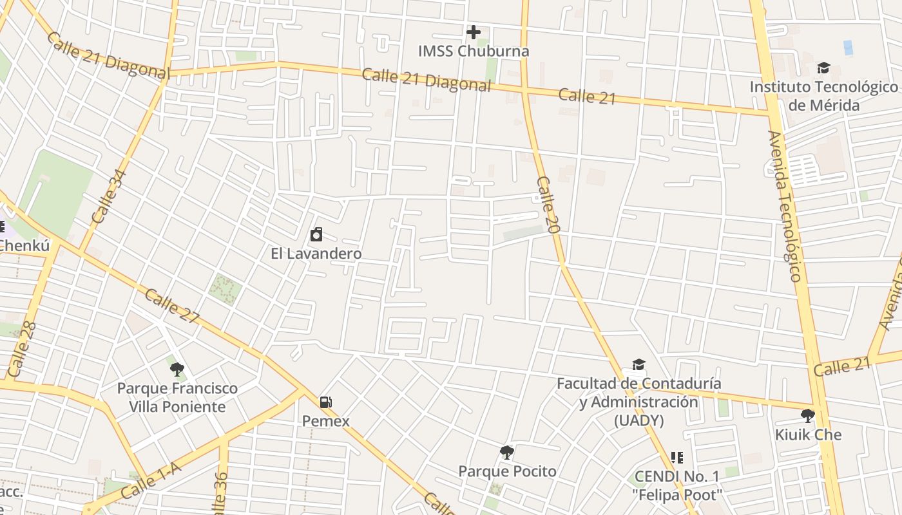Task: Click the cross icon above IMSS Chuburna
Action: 474,32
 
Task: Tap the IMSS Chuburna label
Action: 474,51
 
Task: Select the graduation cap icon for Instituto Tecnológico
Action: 823,68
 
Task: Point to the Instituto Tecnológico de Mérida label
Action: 823,96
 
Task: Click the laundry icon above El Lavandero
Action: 316,234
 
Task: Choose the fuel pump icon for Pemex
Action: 326,402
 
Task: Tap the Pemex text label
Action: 326,422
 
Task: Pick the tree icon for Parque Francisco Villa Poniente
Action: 177,369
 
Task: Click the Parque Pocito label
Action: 507,471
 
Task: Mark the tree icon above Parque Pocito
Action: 507,452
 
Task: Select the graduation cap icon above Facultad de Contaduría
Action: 638,365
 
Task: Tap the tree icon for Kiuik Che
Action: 807,415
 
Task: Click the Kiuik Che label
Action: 808,435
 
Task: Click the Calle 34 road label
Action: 110,196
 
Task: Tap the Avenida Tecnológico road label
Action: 785,206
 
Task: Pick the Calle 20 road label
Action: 548,204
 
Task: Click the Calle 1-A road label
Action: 151,480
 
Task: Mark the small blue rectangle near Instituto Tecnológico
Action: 848,48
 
